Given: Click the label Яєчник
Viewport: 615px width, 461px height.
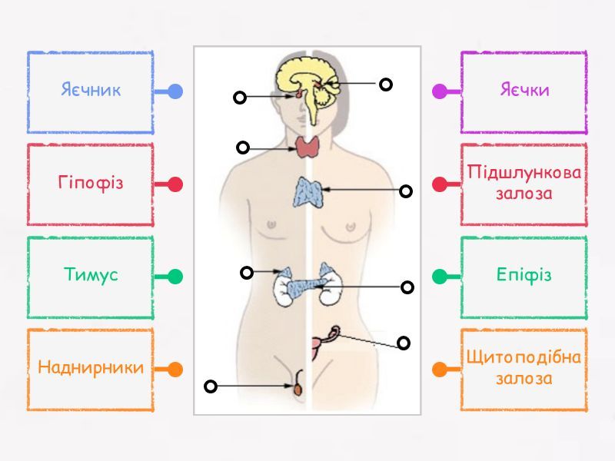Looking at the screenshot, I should tap(91, 91).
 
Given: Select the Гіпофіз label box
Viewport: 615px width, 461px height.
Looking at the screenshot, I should tap(91, 184).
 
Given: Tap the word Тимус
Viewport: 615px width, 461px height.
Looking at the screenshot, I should tap(91, 276).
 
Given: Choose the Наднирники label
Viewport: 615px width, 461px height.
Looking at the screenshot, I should tap(91, 368).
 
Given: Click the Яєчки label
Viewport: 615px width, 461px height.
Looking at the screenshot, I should tap(524, 91).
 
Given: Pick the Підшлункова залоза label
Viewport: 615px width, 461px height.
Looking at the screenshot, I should tap(524, 184).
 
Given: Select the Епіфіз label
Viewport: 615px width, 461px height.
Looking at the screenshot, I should tap(524, 276).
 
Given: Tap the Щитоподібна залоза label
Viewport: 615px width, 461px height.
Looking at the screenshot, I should tap(524, 368).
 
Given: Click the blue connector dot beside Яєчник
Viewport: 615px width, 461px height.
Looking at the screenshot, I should tap(175, 91).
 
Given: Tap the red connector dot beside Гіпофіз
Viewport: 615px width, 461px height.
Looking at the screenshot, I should tap(175, 184).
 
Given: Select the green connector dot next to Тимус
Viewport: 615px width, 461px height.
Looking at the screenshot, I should tap(175, 277).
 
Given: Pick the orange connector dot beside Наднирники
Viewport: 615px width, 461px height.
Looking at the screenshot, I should tap(175, 369).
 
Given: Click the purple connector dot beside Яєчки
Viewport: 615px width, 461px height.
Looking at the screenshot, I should tap(440, 91).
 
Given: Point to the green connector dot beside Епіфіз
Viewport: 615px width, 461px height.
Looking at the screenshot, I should tap(440, 277).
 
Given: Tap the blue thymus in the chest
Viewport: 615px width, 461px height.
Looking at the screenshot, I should tap(309, 191).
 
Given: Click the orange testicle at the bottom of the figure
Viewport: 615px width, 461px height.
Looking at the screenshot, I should tap(298, 389).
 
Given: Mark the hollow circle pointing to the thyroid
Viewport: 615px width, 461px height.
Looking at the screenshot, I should tap(243, 148).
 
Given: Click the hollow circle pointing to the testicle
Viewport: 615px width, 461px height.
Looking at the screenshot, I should tap(211, 386).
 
